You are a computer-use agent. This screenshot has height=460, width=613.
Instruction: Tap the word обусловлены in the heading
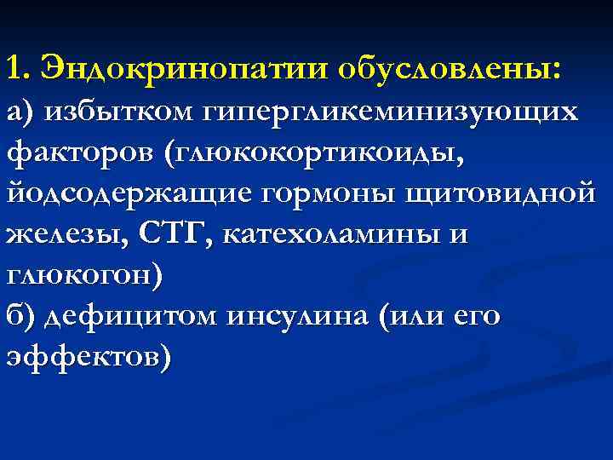pyautogui.click(x=449, y=67)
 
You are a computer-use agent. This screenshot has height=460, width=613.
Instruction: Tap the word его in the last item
pyautogui.click(x=477, y=316)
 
